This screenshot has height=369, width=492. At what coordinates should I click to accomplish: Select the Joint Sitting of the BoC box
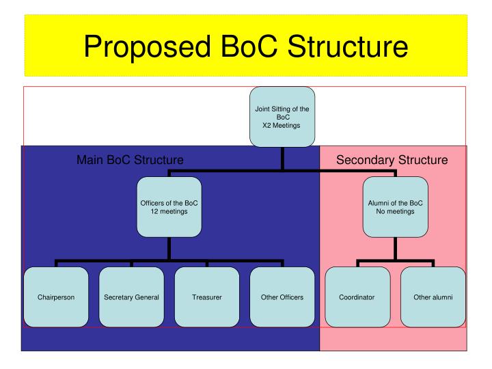pyautogui.click(x=282, y=117)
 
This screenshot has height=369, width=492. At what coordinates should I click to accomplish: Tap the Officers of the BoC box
pyautogui.click(x=169, y=207)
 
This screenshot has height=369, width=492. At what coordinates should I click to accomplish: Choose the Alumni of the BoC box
pyautogui.click(x=395, y=207)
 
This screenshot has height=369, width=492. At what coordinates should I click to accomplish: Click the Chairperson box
pyautogui.click(x=56, y=297)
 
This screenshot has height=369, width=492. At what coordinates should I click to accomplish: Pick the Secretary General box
pyautogui.click(x=131, y=297)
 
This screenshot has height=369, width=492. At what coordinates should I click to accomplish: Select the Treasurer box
pyautogui.click(x=206, y=297)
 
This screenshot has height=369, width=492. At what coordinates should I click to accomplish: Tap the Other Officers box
pyautogui.click(x=282, y=297)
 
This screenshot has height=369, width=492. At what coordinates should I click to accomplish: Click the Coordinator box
pyautogui.click(x=357, y=297)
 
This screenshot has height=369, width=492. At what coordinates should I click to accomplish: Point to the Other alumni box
pyautogui.click(x=433, y=297)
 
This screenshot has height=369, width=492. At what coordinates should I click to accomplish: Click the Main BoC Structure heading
pyautogui.click(x=130, y=161)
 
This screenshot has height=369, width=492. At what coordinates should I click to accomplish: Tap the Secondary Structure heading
pyautogui.click(x=392, y=161)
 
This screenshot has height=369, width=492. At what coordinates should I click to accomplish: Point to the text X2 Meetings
pyautogui.click(x=282, y=126)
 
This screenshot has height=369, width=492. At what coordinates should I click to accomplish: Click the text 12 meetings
pyautogui.click(x=169, y=211)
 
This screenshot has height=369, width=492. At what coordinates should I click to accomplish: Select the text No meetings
pyautogui.click(x=395, y=211)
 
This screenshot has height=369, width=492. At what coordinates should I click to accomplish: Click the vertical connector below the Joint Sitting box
pyautogui.click(x=282, y=159)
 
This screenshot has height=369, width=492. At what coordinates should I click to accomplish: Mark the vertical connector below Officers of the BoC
pyautogui.click(x=169, y=249)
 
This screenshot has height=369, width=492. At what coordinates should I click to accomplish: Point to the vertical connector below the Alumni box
pyautogui.click(x=395, y=249)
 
